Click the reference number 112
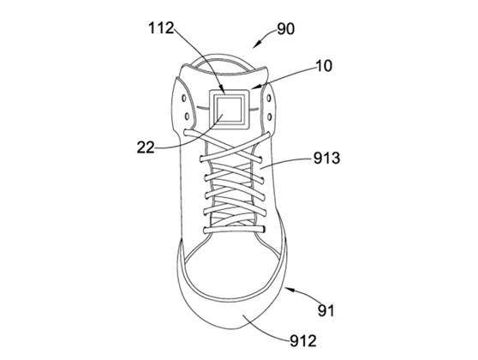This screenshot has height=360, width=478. coord(161,28)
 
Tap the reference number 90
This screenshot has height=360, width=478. coord(285,29)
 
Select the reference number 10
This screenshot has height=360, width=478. coord(324,66)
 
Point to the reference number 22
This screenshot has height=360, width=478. coord(146,147)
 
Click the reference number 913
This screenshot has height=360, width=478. coord(326,159)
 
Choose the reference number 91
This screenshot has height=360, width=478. coord(326,311)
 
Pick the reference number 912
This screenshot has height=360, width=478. coord(303,341)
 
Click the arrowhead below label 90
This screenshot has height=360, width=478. coord(256,45)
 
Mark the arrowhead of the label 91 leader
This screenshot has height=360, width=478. coord(289,290)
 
